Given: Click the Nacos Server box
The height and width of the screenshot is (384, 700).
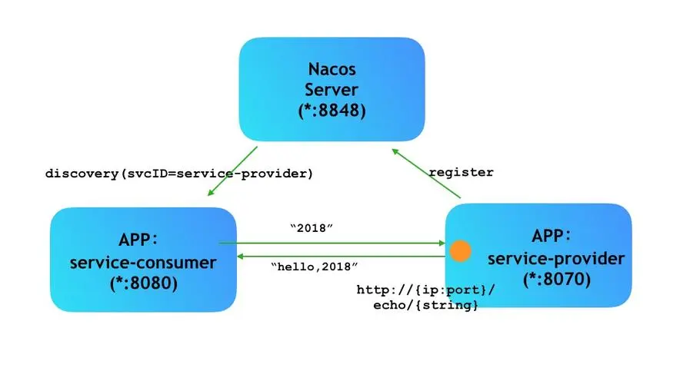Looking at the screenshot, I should coord(332,89).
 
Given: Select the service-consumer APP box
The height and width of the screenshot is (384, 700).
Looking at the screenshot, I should coord(143,259).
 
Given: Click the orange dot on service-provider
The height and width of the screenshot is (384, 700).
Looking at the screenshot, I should coord(460,251).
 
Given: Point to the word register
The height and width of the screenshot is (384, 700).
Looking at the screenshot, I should coord(461,172).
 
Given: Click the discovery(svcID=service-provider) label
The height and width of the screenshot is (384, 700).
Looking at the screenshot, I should coord(179,174).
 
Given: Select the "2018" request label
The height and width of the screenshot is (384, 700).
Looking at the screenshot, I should coord(312,229).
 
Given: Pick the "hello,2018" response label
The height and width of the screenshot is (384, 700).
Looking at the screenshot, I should coord(315,266).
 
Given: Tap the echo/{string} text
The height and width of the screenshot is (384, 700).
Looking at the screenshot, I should coord(422,306).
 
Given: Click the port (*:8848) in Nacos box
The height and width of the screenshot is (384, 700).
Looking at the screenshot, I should coord(332,111).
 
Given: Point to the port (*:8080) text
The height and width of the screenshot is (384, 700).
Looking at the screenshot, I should coord(143,283).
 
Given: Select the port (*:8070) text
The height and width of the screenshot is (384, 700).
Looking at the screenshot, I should coord(558,279).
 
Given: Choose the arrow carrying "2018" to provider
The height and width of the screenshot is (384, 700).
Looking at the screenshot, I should coord(331,243).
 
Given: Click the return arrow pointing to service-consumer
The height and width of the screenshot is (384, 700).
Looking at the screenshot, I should coord(338,255).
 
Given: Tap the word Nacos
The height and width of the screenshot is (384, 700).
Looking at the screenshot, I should coord(332,68).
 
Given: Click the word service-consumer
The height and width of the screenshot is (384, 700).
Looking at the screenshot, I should coord(143,263).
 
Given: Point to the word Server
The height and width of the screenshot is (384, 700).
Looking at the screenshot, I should coord(332,89).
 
